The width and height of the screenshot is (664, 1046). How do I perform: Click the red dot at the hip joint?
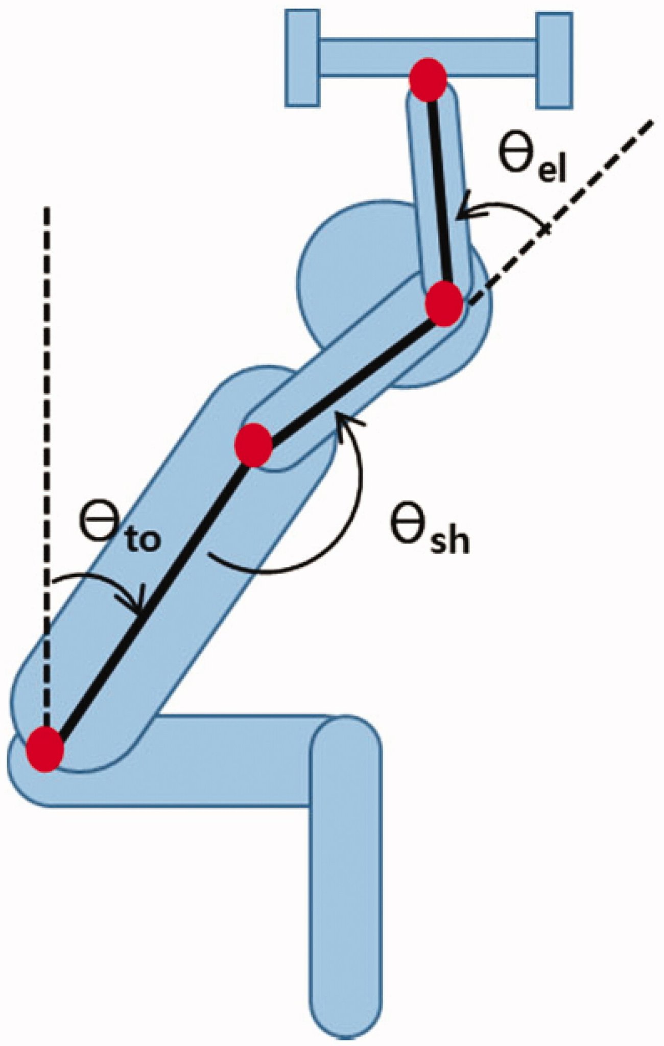[x=45, y=750]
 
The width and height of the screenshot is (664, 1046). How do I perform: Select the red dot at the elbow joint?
[x=445, y=305]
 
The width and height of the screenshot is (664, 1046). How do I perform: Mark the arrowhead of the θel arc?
[x=463, y=212]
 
